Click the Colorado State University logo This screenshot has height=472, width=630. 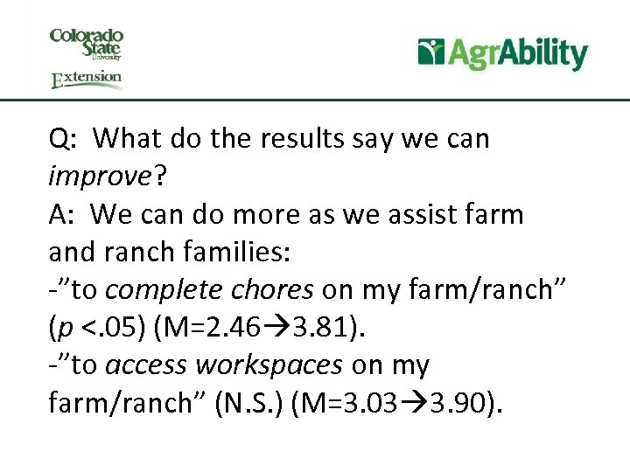87,43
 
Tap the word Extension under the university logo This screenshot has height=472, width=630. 87,80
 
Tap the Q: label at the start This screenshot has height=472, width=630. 64,138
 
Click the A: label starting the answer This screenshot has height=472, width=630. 63,213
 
